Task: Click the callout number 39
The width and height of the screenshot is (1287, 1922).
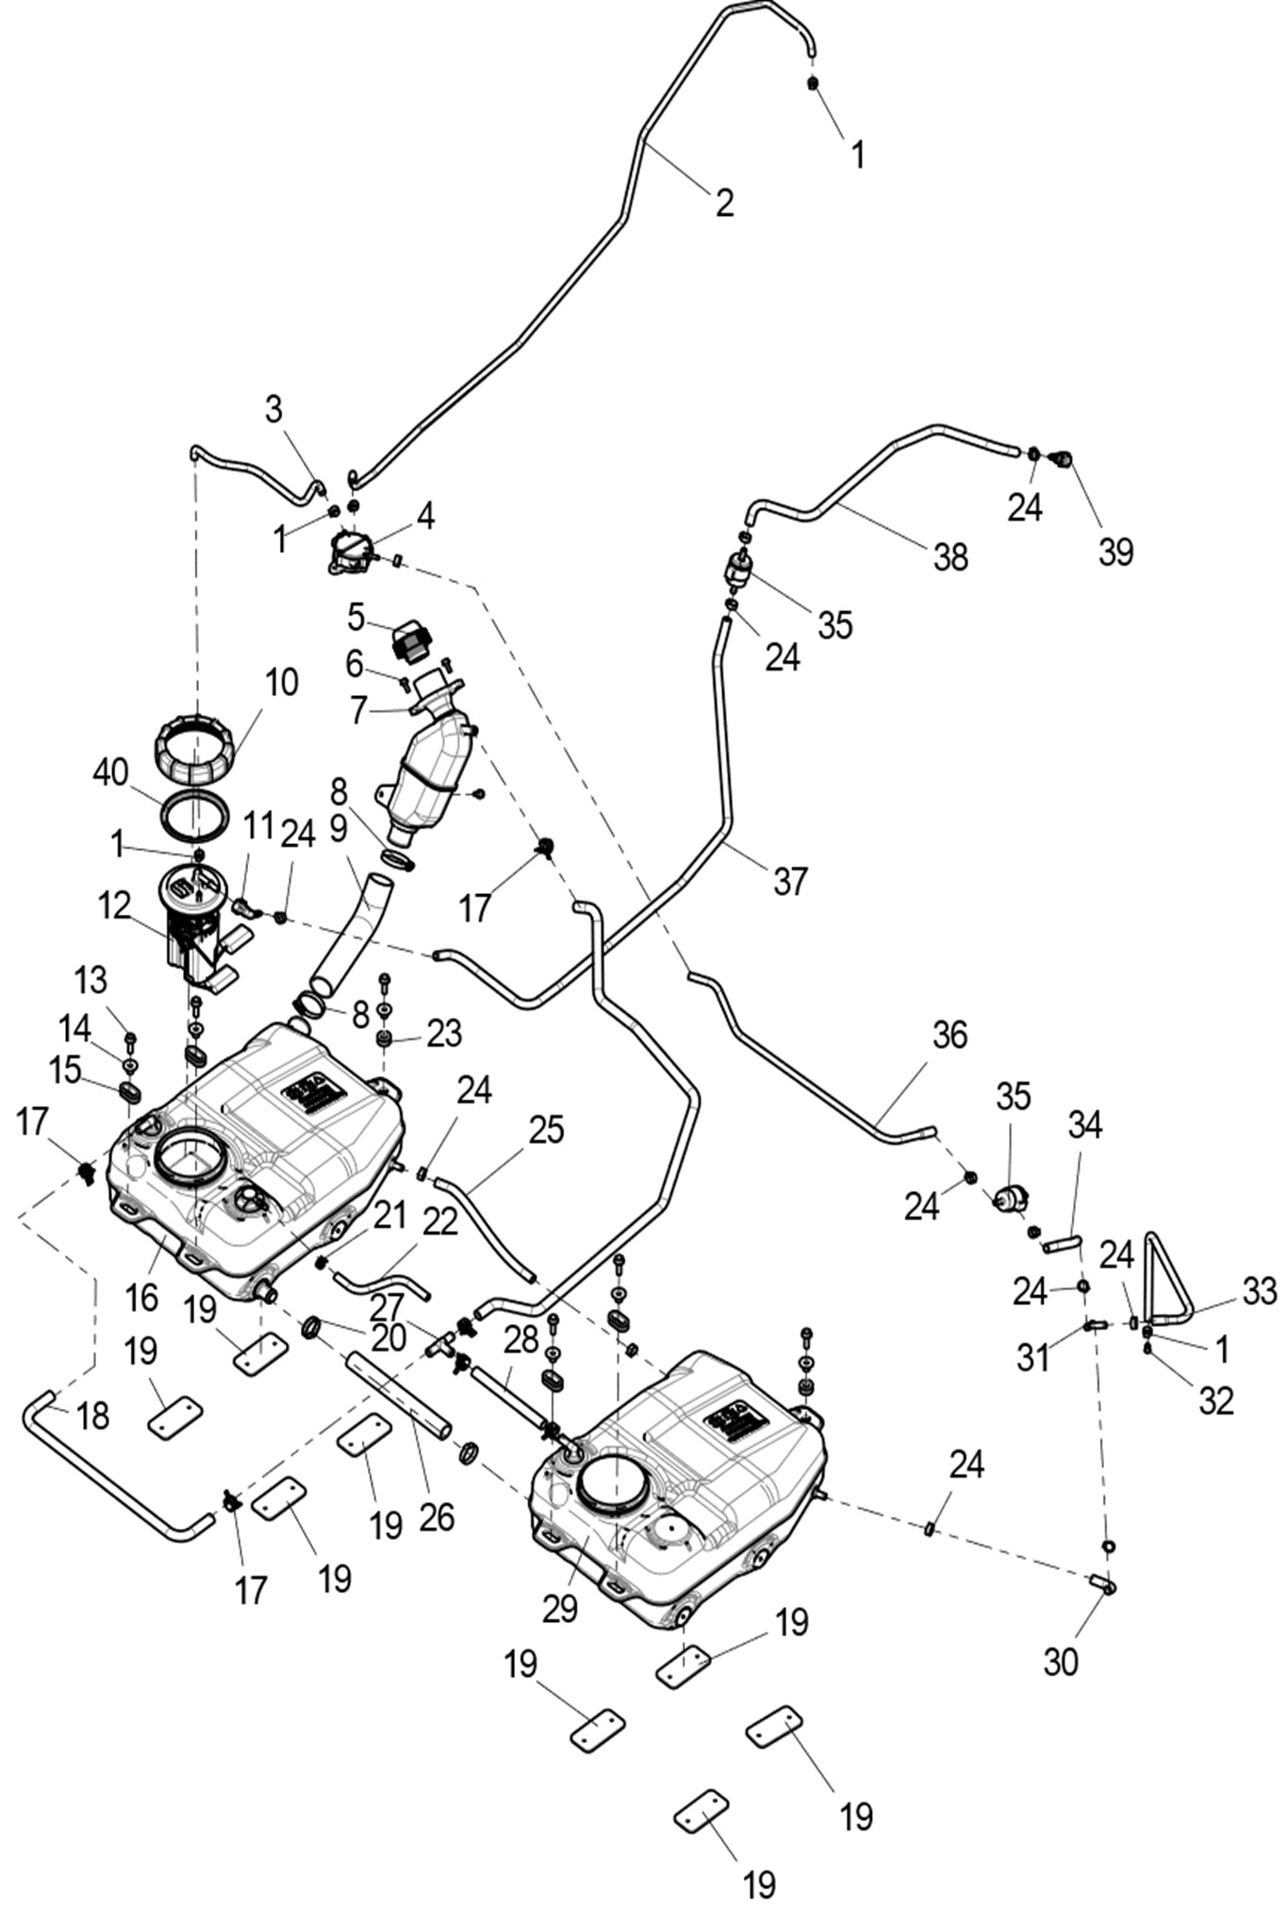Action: (1115, 552)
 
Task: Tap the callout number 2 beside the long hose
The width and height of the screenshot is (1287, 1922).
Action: (724, 202)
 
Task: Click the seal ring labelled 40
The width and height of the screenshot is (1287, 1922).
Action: (196, 813)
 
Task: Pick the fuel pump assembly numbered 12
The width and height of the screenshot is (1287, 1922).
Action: (198, 929)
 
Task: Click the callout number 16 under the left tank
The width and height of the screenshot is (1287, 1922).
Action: (141, 1298)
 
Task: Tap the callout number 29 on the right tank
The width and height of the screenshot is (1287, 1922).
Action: (560, 1608)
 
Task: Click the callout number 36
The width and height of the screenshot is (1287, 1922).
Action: (949, 1036)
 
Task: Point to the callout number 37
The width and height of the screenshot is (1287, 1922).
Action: (790, 881)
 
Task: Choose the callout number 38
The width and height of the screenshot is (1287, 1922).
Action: (950, 557)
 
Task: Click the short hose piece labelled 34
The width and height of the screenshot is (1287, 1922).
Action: (1062, 1244)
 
